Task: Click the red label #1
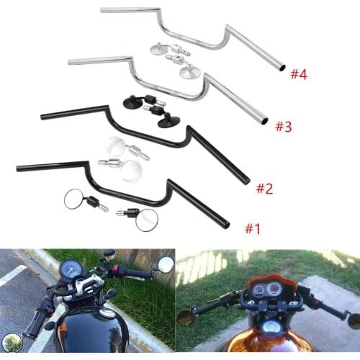tap(251, 229)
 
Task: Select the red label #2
tap(265, 189)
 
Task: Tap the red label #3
tap(283, 127)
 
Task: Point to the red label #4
tap(299, 74)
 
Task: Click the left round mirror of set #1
tap(74, 199)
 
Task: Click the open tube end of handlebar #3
tap(264, 120)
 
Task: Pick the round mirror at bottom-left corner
tap(12, 344)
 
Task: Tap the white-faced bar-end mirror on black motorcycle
tap(165, 265)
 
